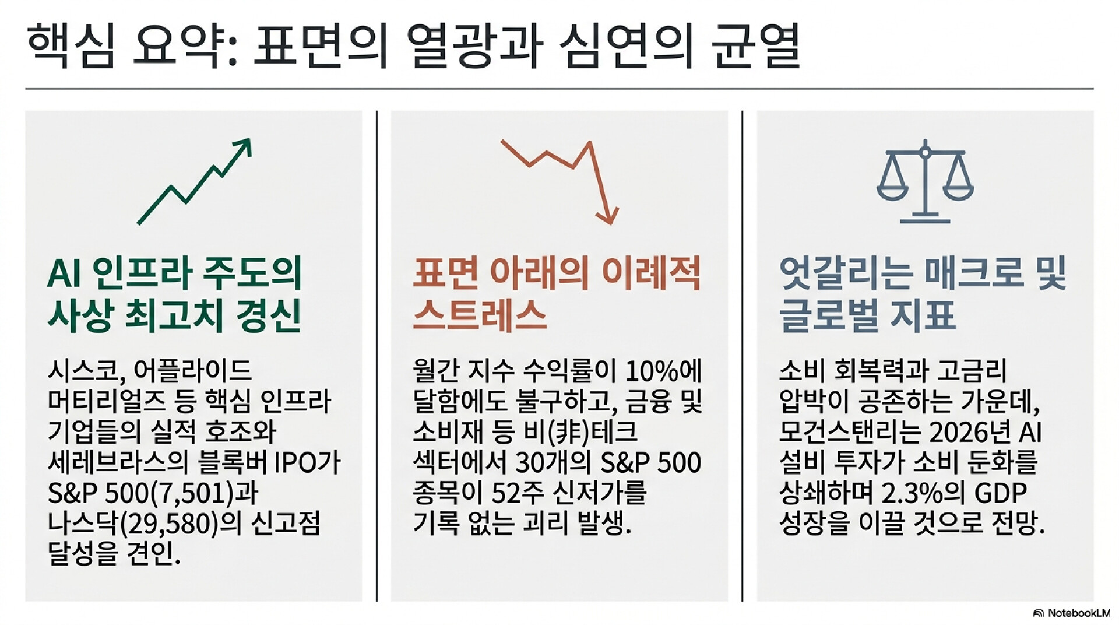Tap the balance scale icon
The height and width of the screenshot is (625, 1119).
(x=925, y=181)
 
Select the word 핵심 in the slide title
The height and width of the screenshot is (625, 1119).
(x=71, y=45)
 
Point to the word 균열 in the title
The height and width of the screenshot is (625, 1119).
(x=756, y=45)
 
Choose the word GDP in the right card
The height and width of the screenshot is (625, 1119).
(x=1000, y=493)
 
